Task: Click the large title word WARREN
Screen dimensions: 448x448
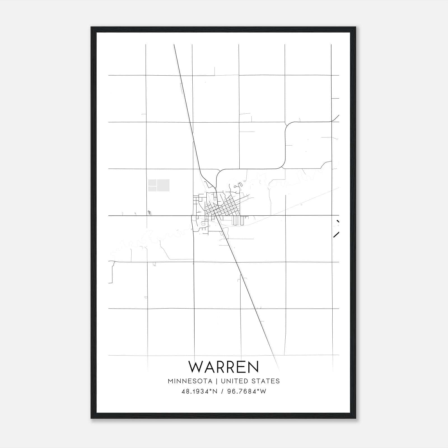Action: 224,367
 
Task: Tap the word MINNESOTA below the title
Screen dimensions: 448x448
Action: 190,381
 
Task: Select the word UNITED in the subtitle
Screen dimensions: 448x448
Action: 233,381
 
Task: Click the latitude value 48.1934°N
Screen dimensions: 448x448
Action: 199,391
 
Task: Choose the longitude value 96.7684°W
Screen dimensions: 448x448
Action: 247,391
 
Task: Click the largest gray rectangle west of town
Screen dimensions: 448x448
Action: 163,185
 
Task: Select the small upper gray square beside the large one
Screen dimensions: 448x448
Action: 152,183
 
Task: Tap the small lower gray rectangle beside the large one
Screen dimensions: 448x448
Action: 152,189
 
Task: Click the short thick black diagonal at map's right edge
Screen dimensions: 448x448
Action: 336,235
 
